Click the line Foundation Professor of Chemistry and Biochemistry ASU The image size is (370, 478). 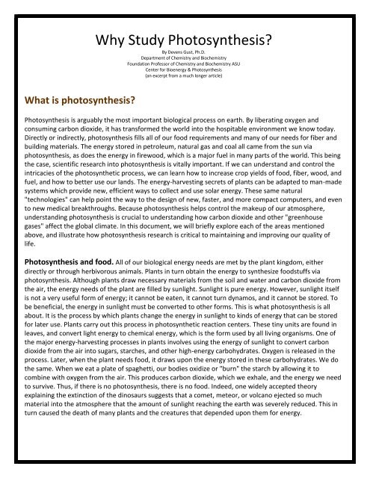(185, 66)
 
